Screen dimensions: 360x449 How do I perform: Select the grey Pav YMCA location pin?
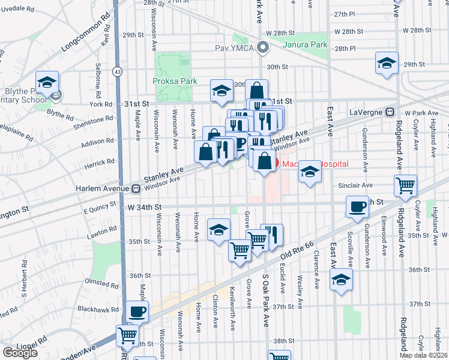click(x=262, y=47)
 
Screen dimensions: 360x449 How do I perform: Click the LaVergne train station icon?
click(x=390, y=112)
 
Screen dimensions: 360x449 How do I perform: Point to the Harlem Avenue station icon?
click(x=136, y=189)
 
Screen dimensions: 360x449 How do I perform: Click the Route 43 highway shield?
click(x=116, y=71)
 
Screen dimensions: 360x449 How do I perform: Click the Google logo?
click(x=20, y=353)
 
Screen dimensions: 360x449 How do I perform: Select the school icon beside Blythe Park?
click(x=46, y=82)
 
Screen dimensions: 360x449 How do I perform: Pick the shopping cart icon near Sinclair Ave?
click(x=406, y=185)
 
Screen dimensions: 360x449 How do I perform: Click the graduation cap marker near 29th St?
click(x=387, y=63)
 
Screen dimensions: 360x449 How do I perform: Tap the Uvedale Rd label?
click(x=22, y=7)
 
